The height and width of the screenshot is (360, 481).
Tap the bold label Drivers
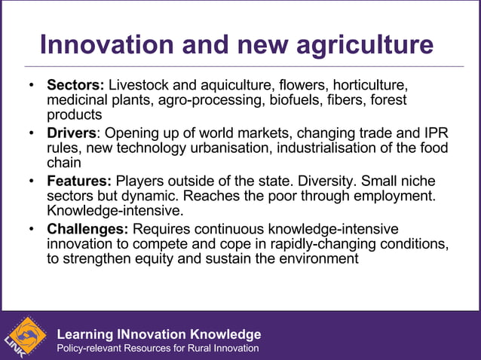72,133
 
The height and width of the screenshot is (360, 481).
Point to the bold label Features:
79,182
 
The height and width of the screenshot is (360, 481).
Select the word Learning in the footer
84,334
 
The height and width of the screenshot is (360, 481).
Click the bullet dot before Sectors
31,85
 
